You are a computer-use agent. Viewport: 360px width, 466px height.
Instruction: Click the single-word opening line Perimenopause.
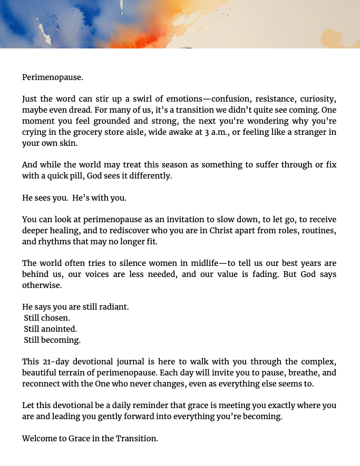click(x=52, y=77)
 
